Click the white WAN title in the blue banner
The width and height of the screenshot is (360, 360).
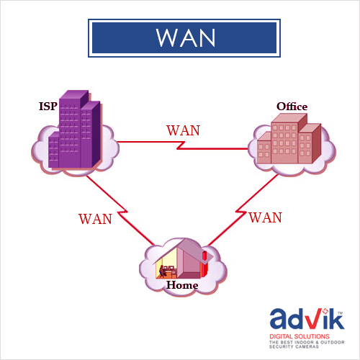pyautogui.click(x=186, y=38)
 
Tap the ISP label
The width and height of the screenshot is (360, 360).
pyautogui.click(x=48, y=107)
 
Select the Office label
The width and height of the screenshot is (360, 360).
pyautogui.click(x=292, y=107)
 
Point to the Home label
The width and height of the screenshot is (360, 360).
pyautogui.click(x=182, y=285)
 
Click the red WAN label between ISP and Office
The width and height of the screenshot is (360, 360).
pyautogui.click(x=183, y=130)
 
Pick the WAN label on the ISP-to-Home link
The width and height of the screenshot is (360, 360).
pyautogui.click(x=95, y=219)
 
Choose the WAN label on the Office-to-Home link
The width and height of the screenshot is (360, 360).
pyautogui.click(x=266, y=217)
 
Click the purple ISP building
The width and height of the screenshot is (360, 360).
pyautogui.click(x=75, y=130)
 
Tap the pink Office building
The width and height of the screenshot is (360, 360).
pyautogui.click(x=289, y=139)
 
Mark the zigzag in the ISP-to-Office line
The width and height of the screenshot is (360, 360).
pyautogui.click(x=181, y=145)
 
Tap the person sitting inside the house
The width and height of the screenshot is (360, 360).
pyautogui.click(x=162, y=271)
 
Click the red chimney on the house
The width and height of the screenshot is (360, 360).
pyautogui.click(x=204, y=264)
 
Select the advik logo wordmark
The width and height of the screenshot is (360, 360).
pyautogui.click(x=307, y=319)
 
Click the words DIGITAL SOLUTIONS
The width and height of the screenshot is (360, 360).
pyautogui.click(x=300, y=336)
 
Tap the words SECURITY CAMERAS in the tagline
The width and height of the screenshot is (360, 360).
pyautogui.click(x=294, y=346)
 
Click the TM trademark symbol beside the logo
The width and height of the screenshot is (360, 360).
pyautogui.click(x=340, y=313)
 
